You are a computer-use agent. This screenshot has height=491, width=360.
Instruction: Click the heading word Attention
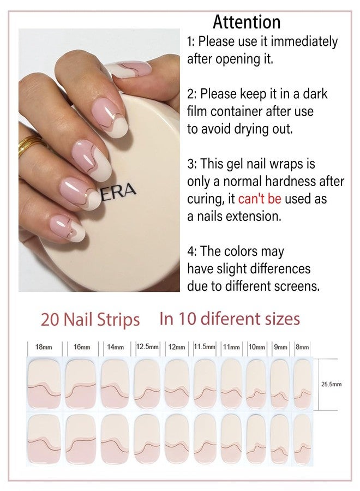tap(247, 22)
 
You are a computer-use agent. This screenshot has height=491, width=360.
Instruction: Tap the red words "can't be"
tap(260, 199)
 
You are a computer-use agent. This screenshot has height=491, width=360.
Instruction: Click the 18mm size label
tap(44, 347)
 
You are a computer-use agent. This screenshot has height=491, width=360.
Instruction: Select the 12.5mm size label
tap(147, 346)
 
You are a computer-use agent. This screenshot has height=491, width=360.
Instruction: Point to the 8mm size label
tap(302, 347)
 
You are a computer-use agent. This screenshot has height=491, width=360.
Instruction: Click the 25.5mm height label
tap(331, 384)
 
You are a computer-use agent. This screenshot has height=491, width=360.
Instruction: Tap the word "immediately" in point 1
tap(304, 41)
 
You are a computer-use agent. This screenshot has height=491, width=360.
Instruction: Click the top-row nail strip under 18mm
tap(44, 384)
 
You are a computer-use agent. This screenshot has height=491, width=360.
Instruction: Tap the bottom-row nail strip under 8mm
tap(302, 439)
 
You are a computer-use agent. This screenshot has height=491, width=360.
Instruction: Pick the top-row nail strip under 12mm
tap(177, 384)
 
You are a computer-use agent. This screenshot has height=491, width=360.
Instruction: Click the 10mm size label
tap(257, 347)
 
